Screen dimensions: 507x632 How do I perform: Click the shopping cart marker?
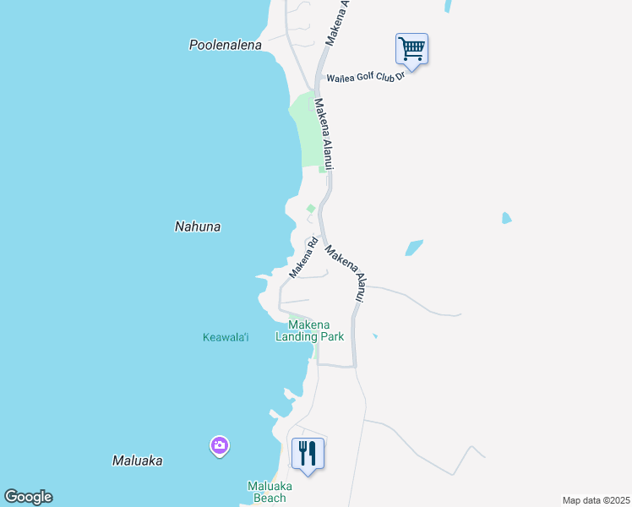411,48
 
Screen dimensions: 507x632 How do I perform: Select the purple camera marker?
220,445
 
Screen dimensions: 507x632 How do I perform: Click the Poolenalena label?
225,45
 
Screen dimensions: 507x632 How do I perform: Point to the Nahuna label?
197,226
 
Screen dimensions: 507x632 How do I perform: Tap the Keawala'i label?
226,338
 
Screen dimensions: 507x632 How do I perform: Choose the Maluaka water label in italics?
137,461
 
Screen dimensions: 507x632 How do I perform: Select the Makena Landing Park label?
309,330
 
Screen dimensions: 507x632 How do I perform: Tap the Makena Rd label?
303,258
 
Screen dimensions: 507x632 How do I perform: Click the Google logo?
28,497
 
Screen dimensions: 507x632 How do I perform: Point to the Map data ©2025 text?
597,500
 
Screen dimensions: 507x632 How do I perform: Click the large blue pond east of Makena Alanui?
414,248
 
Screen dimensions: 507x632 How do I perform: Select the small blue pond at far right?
506,218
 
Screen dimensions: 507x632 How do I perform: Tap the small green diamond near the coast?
311,209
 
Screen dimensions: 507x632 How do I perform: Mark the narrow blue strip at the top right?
447,6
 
